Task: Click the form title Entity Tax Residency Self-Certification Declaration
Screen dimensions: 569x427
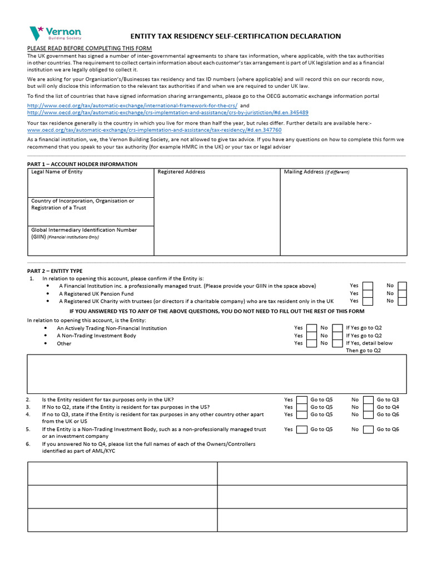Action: tap(235, 36)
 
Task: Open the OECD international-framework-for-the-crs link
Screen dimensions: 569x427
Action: tap(132, 105)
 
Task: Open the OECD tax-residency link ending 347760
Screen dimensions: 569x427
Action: tap(155, 129)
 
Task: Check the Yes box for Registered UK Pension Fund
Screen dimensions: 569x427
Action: tap(368, 293)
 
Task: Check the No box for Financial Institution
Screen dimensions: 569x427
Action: tap(402, 286)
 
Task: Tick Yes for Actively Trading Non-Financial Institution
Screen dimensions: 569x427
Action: tap(312, 328)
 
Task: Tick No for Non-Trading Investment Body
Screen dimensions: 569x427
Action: tap(337, 336)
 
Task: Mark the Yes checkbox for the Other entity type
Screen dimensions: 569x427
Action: tap(312, 343)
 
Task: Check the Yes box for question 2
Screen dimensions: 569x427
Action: tap(302, 400)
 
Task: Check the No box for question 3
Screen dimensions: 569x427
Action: tap(368, 407)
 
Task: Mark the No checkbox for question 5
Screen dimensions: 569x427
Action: tap(368, 429)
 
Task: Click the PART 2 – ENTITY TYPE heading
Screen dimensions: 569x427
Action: tap(54, 271)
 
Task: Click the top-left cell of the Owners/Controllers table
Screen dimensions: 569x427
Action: tap(122, 473)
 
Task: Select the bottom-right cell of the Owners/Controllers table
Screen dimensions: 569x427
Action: tap(312, 520)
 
